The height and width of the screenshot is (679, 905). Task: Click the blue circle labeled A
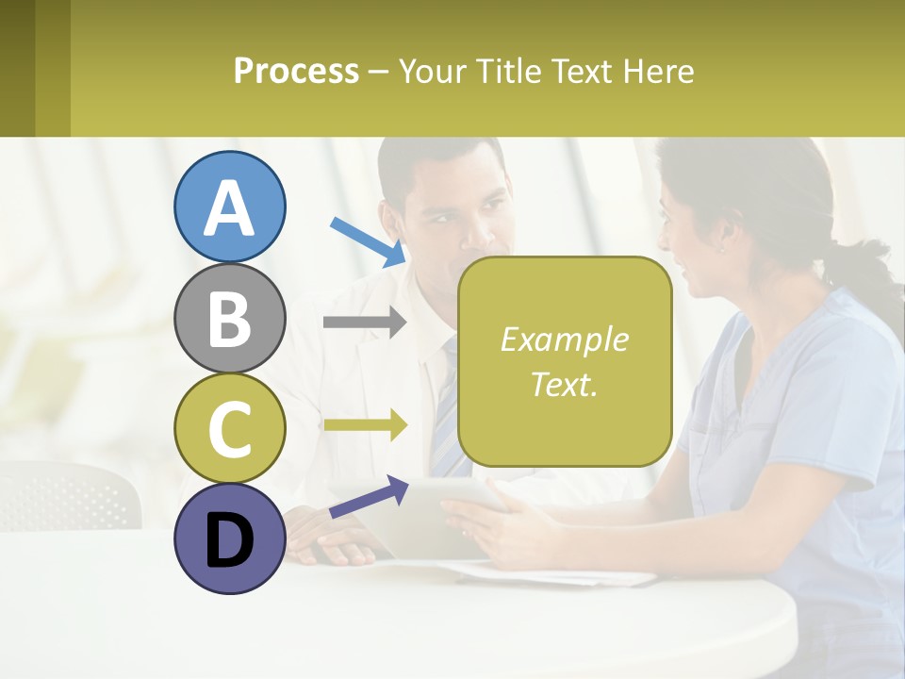[229, 207]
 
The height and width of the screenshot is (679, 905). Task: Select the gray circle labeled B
[229, 318]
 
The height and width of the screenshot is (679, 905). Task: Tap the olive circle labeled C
[229, 428]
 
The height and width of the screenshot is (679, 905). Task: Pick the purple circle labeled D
[229, 538]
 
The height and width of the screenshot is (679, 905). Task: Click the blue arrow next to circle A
[368, 240]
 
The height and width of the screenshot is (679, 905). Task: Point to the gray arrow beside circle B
[364, 323]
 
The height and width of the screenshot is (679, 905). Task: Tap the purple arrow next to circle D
[368, 498]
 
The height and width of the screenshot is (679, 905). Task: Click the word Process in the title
[296, 71]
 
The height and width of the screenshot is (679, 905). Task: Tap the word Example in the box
[564, 339]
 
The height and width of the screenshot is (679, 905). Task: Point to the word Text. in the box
[564, 384]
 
